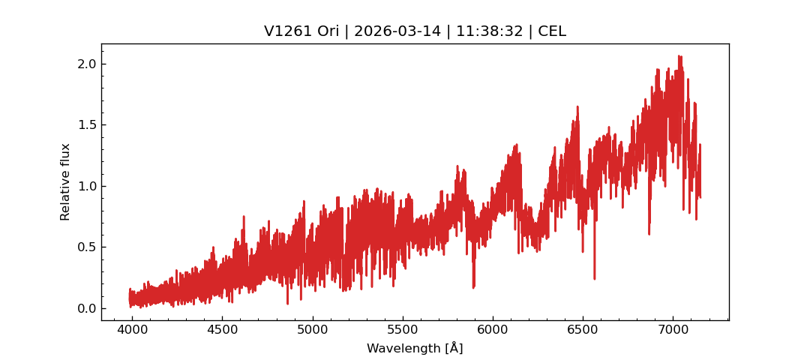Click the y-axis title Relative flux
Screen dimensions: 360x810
click(65, 181)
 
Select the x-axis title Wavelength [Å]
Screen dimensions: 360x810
click(415, 348)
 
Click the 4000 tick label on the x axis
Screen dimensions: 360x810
click(132, 330)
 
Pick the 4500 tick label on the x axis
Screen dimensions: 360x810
click(222, 330)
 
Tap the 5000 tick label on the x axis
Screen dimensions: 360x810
click(312, 330)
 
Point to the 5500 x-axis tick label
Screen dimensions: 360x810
click(402, 330)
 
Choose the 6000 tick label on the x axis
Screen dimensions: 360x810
click(492, 330)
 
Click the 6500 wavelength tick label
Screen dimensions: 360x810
click(582, 330)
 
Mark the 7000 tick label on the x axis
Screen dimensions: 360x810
click(672, 330)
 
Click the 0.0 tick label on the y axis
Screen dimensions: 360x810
click(87, 308)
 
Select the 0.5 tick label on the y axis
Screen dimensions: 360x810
click(87, 247)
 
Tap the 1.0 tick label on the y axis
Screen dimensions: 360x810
click(87, 186)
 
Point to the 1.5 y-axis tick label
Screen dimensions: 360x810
click(87, 124)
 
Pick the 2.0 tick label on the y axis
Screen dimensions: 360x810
click(87, 64)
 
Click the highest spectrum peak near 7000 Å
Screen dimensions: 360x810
click(679, 55)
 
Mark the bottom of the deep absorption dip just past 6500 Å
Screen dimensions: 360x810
click(595, 279)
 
